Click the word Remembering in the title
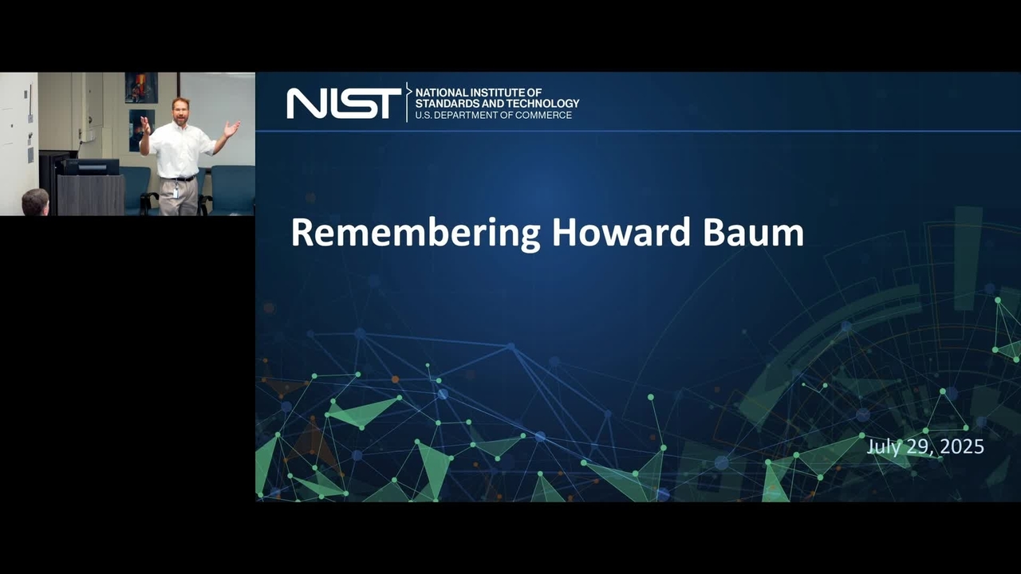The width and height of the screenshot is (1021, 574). pyautogui.click(x=416, y=234)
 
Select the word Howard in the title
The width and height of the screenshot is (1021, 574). pyautogui.click(x=622, y=232)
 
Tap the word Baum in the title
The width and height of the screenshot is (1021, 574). pyautogui.click(x=754, y=232)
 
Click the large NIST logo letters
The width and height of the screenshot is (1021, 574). pyautogui.click(x=344, y=104)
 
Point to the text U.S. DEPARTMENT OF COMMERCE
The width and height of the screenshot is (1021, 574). pyautogui.click(x=493, y=116)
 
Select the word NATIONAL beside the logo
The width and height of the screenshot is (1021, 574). pyautogui.click(x=441, y=92)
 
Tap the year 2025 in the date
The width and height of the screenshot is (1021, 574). pyautogui.click(x=962, y=446)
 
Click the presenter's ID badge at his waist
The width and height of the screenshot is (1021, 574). pyautogui.click(x=175, y=192)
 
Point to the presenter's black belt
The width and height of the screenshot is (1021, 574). pyautogui.click(x=179, y=178)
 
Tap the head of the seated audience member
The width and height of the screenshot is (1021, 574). pyautogui.click(x=35, y=202)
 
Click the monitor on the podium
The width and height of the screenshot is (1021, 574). pyautogui.click(x=91, y=167)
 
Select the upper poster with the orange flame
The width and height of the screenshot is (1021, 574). pyautogui.click(x=141, y=88)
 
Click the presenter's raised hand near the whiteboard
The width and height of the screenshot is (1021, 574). pyautogui.click(x=232, y=128)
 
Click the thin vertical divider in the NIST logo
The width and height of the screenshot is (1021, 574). pyautogui.click(x=407, y=102)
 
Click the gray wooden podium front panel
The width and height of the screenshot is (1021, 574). pyautogui.click(x=91, y=195)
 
